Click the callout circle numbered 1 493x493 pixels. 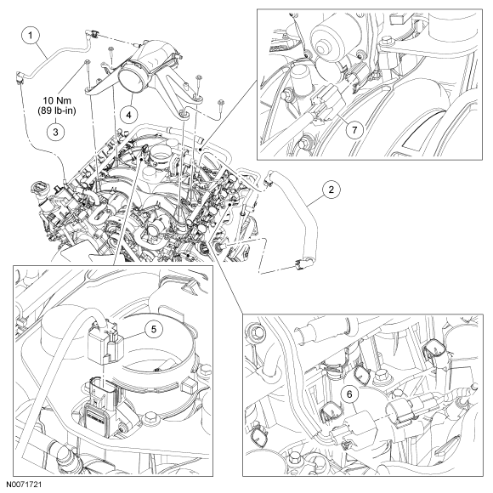31,35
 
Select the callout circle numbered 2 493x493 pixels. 331,190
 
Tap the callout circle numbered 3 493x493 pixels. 55,132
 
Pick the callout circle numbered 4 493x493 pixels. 129,115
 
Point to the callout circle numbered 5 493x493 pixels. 154,329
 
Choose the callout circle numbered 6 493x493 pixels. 350,394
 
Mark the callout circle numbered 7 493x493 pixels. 354,129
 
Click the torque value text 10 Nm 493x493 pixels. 57,100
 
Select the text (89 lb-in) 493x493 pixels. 57,110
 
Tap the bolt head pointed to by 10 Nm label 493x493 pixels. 87,62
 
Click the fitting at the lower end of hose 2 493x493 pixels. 302,263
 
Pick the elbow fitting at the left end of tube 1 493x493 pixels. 20,77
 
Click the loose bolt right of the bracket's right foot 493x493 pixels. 221,105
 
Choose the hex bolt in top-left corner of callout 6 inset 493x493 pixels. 255,331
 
